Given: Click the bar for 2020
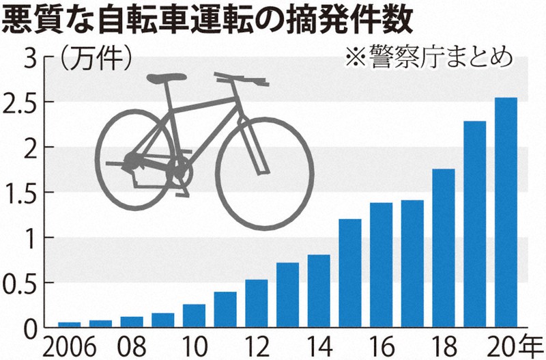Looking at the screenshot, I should tap(506, 212).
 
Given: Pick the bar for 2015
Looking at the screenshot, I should tap(350, 273).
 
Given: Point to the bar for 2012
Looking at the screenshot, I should tap(256, 303).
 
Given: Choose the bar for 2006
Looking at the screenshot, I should tap(69, 324).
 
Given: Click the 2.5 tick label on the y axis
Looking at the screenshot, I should tap(20, 102).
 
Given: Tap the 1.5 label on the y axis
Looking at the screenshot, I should tap(20, 193).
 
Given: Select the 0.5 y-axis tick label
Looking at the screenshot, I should tap(20, 283).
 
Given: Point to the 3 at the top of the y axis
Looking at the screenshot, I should tap(29, 58).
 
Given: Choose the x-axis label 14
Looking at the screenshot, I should tap(319, 344).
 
